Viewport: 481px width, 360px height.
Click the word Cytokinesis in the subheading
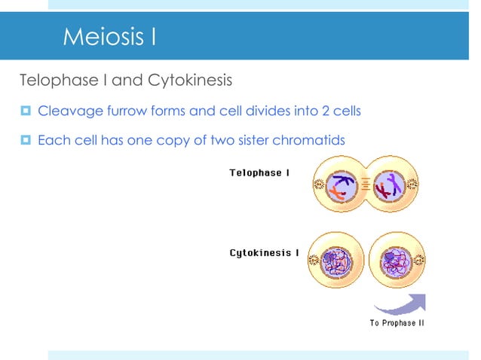(x=189, y=80)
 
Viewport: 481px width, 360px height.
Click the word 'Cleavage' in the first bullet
(x=66, y=111)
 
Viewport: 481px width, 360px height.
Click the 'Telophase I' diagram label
(x=259, y=173)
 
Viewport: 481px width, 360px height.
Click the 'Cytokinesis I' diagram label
(x=264, y=252)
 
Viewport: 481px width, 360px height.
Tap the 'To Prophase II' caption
(x=397, y=323)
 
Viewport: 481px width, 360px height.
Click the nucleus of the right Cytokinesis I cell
(x=396, y=264)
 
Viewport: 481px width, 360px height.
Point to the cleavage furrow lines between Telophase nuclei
(x=366, y=185)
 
